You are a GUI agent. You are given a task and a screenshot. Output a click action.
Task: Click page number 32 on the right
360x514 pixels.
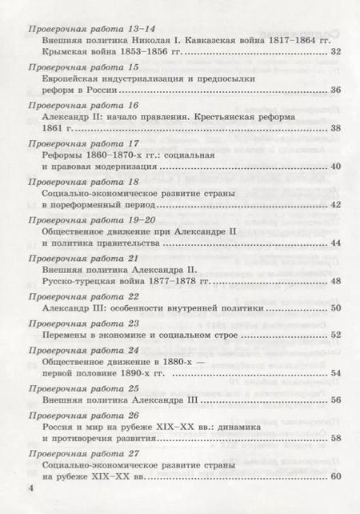coord(335,52)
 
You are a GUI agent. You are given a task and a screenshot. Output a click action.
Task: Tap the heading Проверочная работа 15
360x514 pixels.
coord(83,67)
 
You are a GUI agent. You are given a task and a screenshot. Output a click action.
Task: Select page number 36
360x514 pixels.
coord(335,90)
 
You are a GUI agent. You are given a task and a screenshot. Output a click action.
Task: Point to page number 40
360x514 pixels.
coord(335,167)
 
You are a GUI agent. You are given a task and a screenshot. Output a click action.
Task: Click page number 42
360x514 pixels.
coord(335,205)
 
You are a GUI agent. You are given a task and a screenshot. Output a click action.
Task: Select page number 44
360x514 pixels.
coord(335,243)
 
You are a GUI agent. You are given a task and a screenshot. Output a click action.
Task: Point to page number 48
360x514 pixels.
coord(335,282)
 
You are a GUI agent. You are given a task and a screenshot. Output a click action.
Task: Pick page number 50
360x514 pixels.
coord(335,308)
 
